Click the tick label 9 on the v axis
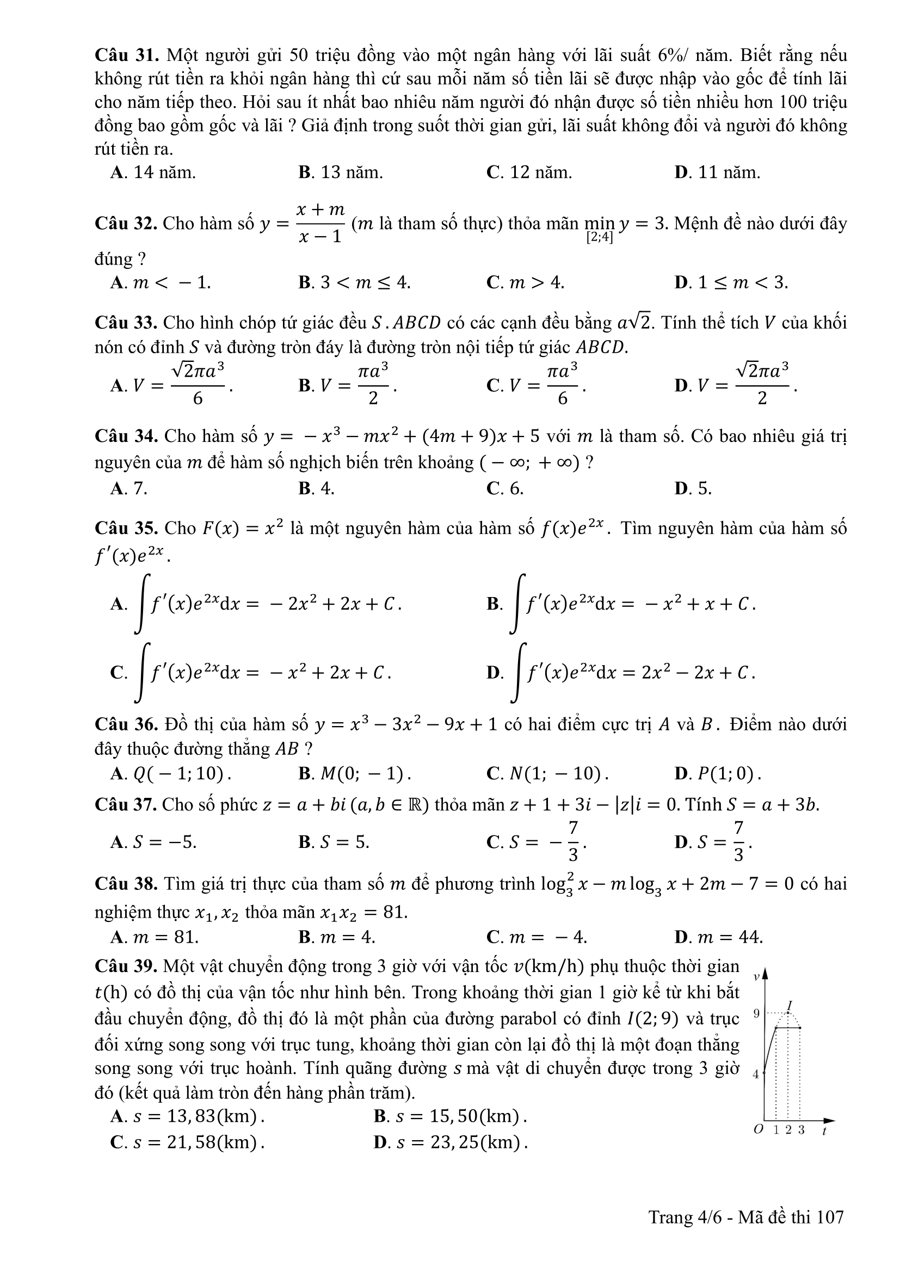point(756,1014)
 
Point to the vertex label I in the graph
point(790,1005)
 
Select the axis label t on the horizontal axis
point(824,1131)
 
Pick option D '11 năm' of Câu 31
point(718,173)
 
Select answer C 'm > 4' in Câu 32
point(526,283)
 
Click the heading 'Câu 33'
point(126,323)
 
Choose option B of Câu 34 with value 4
point(317,488)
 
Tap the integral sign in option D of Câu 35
point(519,672)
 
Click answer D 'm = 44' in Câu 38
point(719,938)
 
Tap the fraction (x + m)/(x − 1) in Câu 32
point(320,224)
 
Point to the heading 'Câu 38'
point(126,884)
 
